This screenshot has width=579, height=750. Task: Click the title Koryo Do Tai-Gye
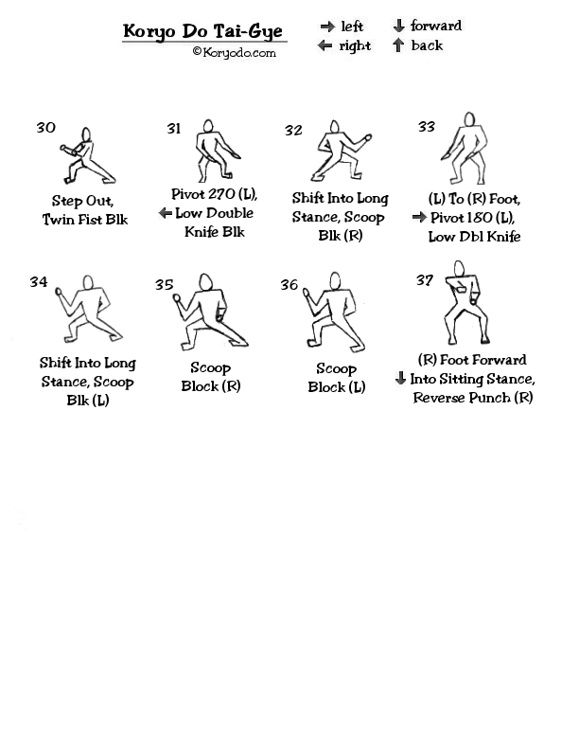[202, 31]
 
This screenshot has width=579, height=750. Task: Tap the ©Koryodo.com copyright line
[234, 52]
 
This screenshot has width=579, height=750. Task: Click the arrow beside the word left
[327, 27]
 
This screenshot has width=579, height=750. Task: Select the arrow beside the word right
[325, 45]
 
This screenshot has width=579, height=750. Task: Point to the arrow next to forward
[399, 26]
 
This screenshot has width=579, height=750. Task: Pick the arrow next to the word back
[398, 45]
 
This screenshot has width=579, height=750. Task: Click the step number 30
[45, 127]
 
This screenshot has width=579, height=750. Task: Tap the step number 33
[426, 127]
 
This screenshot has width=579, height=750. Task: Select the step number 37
[424, 279]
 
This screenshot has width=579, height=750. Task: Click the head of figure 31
[208, 126]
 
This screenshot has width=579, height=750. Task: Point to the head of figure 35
[206, 281]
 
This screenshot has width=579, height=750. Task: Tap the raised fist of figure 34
[59, 292]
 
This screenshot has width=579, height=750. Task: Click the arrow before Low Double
[166, 213]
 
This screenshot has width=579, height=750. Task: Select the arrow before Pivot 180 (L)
[419, 217]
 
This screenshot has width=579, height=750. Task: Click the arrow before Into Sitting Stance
[401, 379]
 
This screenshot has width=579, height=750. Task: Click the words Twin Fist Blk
[85, 220]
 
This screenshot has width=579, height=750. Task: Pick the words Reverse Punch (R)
[473, 398]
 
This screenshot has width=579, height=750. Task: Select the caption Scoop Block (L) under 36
[336, 378]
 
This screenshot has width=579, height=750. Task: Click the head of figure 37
[459, 268]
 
